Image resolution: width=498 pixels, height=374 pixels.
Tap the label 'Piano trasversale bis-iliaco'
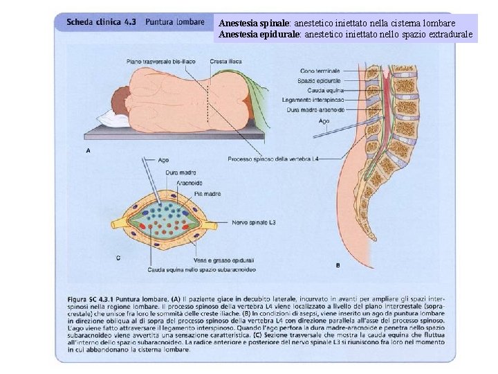[x=163, y=62]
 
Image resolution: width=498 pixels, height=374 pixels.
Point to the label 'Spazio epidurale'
[x=320, y=80]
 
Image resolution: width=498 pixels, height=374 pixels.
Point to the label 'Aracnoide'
[x=190, y=183]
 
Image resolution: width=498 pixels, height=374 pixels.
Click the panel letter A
[x=88, y=150]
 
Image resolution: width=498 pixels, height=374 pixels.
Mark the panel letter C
[x=118, y=258]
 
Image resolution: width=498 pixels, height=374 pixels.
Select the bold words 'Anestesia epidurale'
[x=259, y=33]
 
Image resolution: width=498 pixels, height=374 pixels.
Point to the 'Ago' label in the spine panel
[x=324, y=120]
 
